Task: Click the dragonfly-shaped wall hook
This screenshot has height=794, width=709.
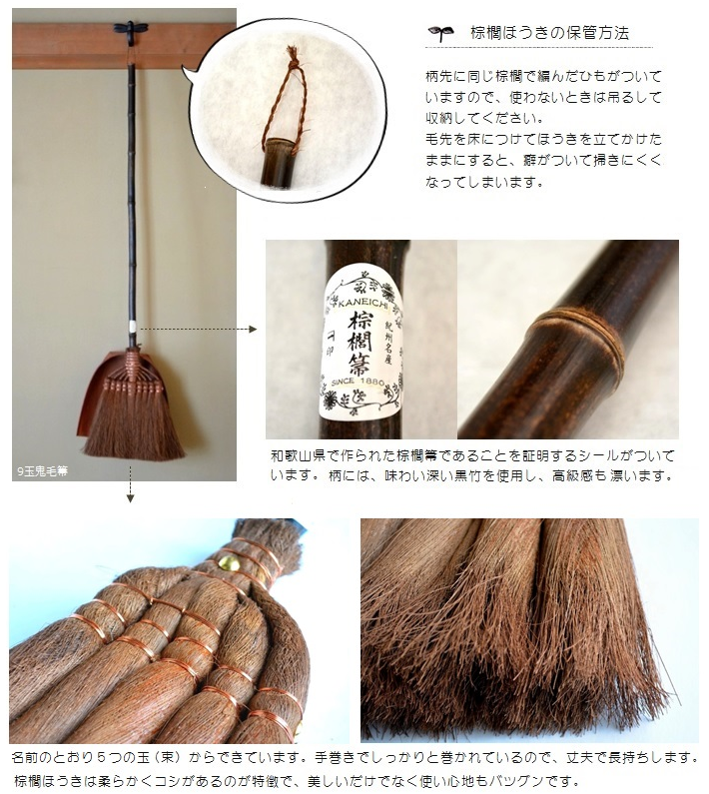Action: tap(131, 29)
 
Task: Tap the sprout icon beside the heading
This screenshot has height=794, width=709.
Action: tap(441, 33)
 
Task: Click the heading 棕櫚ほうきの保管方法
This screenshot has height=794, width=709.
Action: tap(549, 33)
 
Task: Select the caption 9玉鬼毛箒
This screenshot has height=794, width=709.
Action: tap(42, 471)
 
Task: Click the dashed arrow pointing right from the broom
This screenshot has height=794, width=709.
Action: tap(199, 330)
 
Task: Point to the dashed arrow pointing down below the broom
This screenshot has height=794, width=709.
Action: tap(130, 484)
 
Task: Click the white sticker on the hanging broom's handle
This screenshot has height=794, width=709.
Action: tap(132, 326)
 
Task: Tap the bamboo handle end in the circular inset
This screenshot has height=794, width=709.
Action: tap(276, 161)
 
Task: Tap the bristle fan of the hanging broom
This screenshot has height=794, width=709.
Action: tap(134, 425)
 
